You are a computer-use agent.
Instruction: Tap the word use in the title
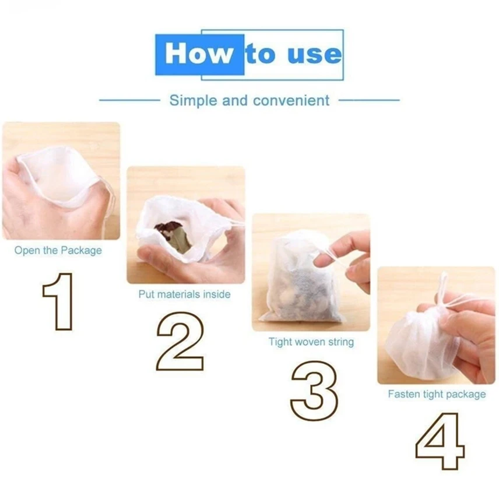(314, 54)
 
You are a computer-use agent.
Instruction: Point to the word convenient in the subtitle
(291, 101)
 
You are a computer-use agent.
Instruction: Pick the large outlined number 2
(180, 341)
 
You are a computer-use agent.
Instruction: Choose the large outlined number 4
(440, 441)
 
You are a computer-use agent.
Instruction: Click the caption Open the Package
(58, 251)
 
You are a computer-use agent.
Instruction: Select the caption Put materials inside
(185, 294)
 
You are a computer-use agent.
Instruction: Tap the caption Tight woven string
(311, 342)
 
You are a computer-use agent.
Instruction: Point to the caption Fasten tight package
(437, 394)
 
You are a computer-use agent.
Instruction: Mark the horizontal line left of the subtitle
(130, 100)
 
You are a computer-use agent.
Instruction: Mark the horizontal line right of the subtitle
(369, 100)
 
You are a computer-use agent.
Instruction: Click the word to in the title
(261, 54)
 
